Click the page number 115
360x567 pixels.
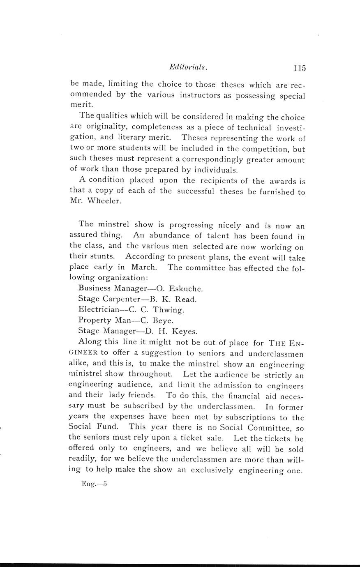300,68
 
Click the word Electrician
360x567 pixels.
97,310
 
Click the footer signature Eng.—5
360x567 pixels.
94,484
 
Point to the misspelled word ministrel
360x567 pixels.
85,374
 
